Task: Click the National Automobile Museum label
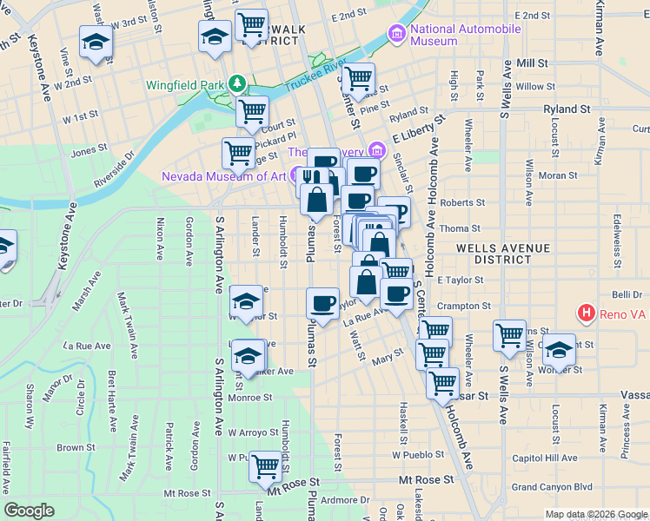[x=466, y=35]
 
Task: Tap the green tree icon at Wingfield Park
[x=236, y=84]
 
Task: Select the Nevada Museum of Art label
[x=223, y=176]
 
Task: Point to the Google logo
[x=29, y=511]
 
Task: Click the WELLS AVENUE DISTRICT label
[x=505, y=254]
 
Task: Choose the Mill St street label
[x=532, y=63]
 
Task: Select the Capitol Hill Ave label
[x=544, y=458]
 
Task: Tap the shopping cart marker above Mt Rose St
[x=265, y=466]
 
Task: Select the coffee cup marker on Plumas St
[x=323, y=304]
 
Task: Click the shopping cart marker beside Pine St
[x=358, y=79]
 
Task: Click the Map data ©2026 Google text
[x=595, y=514]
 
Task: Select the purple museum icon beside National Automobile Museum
[x=398, y=35]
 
